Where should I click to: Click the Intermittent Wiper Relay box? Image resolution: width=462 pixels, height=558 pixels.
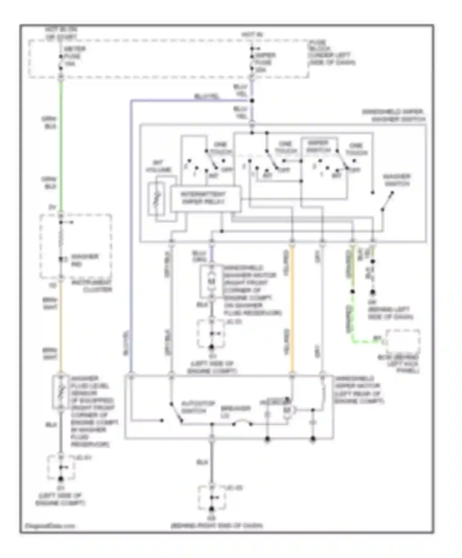tap(205, 199)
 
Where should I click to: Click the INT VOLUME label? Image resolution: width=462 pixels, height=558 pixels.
tap(158, 166)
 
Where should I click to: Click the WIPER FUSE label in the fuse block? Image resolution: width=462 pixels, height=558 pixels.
tap(264, 62)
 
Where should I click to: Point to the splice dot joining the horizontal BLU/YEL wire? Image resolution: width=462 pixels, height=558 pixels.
tap(252, 101)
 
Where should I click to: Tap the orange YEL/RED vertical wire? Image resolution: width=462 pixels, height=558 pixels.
tap(292, 308)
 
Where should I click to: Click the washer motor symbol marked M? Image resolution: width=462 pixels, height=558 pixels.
tap(212, 281)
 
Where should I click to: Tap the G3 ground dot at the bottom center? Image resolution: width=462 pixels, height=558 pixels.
tap(212, 509)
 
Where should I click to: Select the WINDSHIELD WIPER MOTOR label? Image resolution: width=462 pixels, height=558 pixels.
tap(357, 389)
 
